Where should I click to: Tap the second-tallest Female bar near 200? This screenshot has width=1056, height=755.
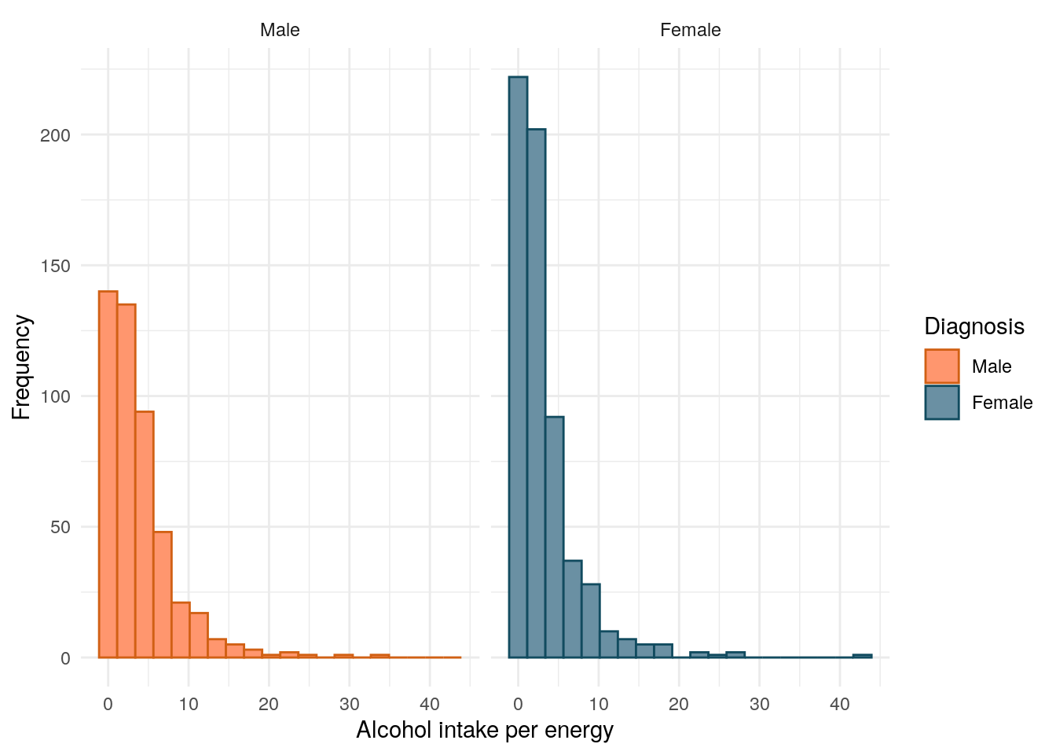click(536, 393)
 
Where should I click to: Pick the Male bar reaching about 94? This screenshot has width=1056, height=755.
click(144, 534)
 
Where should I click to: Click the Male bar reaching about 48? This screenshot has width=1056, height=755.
click(162, 595)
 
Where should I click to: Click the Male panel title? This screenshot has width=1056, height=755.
click(280, 30)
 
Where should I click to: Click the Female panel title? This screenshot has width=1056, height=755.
click(690, 30)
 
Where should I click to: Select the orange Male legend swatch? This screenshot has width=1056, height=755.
click(941, 366)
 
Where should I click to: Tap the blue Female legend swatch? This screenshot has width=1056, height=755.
click(941, 402)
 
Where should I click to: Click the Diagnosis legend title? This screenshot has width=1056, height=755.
click(973, 326)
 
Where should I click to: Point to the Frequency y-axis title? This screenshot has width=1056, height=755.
click(21, 367)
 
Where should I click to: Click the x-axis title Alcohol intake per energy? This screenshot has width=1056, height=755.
click(485, 731)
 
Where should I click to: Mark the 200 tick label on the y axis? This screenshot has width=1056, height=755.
click(55, 135)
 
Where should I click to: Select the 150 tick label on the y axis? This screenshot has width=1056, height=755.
click(55, 266)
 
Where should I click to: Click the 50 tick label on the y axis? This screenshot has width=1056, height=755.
click(60, 527)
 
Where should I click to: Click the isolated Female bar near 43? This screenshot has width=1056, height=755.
click(862, 656)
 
